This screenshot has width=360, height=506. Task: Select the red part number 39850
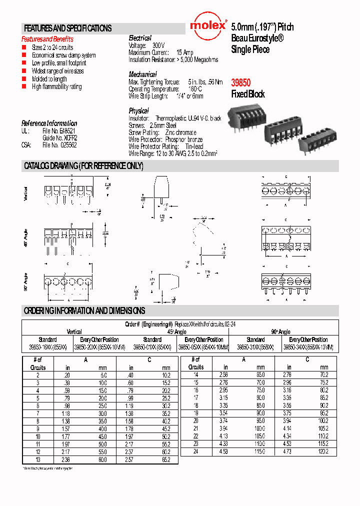pyautogui.click(x=240, y=83)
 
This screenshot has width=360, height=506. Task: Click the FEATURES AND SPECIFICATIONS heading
pyautogui.click(x=68, y=28)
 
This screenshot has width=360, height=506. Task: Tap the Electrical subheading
pyautogui.click(x=140, y=38)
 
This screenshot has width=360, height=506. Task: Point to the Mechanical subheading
pyautogui.click(x=142, y=74)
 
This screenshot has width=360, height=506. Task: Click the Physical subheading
pyautogui.click(x=138, y=110)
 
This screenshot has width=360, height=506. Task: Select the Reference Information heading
pyautogui.click(x=49, y=123)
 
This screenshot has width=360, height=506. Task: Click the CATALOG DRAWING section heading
pyautogui.click(x=83, y=166)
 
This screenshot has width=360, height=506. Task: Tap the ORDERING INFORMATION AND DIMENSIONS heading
pyautogui.click(x=84, y=310)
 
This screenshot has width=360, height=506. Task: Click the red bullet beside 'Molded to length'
pyautogui.click(x=23, y=79)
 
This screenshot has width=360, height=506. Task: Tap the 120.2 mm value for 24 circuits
pyautogui.click(x=322, y=451)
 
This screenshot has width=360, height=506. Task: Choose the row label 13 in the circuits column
pyautogui.click(x=37, y=459)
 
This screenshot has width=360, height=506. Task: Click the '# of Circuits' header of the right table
pyautogui.click(x=195, y=363)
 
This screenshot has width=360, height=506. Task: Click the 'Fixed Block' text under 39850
pyautogui.click(x=247, y=94)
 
